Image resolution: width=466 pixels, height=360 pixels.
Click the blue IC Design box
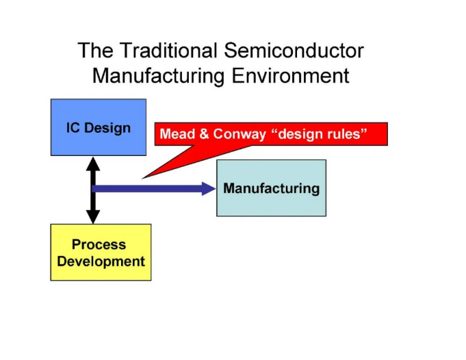click(98, 127)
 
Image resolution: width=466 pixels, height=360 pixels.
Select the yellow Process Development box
click(101, 253)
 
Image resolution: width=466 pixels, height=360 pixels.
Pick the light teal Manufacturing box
click(271, 188)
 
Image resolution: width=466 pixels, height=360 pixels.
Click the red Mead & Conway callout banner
click(271, 134)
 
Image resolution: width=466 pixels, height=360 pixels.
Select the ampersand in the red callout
click(204, 134)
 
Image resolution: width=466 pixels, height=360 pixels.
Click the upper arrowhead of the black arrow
click(93, 164)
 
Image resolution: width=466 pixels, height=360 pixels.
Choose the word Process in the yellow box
click(100, 245)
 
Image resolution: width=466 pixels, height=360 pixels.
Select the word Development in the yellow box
click(101, 261)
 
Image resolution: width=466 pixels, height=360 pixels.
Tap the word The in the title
click(94, 51)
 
